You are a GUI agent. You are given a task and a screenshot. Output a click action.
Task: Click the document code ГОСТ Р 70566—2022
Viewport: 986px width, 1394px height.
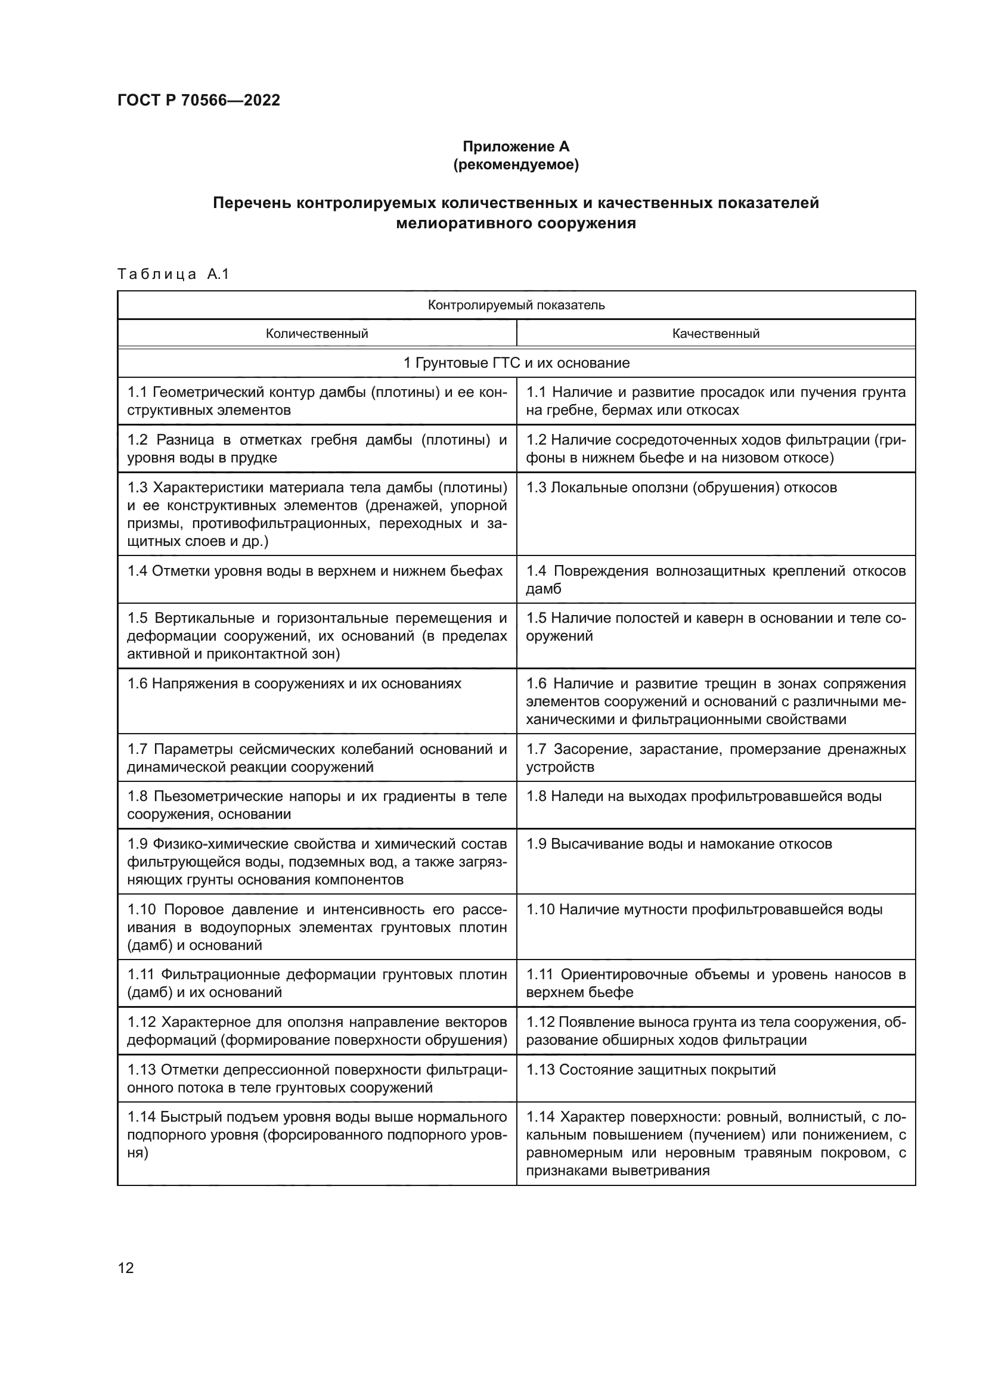[x=199, y=100]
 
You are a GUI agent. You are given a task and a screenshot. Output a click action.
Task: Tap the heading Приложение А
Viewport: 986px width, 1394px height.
[x=516, y=147]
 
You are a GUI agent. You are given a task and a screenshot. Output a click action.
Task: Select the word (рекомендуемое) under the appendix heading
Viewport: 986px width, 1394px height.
[x=516, y=164]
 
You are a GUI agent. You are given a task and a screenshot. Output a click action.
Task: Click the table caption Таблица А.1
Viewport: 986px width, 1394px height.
[x=173, y=274]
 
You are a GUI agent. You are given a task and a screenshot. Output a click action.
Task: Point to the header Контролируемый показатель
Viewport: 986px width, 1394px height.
[x=516, y=305]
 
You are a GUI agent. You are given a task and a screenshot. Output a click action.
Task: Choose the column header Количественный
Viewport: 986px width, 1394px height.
[x=317, y=333]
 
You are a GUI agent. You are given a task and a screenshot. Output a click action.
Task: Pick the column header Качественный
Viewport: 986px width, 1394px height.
[x=715, y=333]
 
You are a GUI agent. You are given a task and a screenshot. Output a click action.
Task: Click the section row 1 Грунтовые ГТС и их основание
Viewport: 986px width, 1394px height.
[x=516, y=363]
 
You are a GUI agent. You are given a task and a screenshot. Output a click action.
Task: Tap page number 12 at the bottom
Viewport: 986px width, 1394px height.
[x=126, y=1268]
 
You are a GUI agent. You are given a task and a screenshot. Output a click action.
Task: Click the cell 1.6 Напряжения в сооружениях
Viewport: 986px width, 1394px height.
[x=294, y=684]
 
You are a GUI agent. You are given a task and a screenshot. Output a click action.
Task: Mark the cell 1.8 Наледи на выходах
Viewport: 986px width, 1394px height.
[x=703, y=796]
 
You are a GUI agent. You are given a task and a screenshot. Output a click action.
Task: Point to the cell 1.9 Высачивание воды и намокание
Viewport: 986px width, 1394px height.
[x=679, y=844]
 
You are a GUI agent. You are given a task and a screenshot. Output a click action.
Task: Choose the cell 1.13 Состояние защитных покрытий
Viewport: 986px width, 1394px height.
[x=651, y=1070]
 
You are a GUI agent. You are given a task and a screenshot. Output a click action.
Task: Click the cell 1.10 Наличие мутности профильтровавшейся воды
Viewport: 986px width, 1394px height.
[x=703, y=909]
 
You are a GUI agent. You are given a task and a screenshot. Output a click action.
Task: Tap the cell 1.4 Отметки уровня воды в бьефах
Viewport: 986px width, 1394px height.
[x=315, y=571]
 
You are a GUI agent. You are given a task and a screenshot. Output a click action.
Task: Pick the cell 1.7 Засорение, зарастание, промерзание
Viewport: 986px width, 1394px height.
[x=715, y=757]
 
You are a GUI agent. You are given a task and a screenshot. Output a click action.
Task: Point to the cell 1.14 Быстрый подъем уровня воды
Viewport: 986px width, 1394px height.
[x=317, y=1135]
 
